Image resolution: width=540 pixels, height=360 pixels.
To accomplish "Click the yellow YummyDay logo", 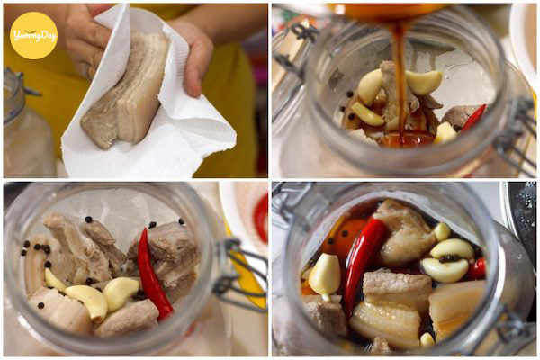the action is click(x=33, y=35).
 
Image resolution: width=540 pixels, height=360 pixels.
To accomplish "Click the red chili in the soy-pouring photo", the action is click(x=473, y=117).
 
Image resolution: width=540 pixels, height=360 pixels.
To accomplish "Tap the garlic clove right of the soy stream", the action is click(x=424, y=82).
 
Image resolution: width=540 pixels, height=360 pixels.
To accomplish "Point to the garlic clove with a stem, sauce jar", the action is click(x=324, y=276).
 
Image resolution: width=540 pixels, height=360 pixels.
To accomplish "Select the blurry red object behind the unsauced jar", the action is click(x=262, y=218).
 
